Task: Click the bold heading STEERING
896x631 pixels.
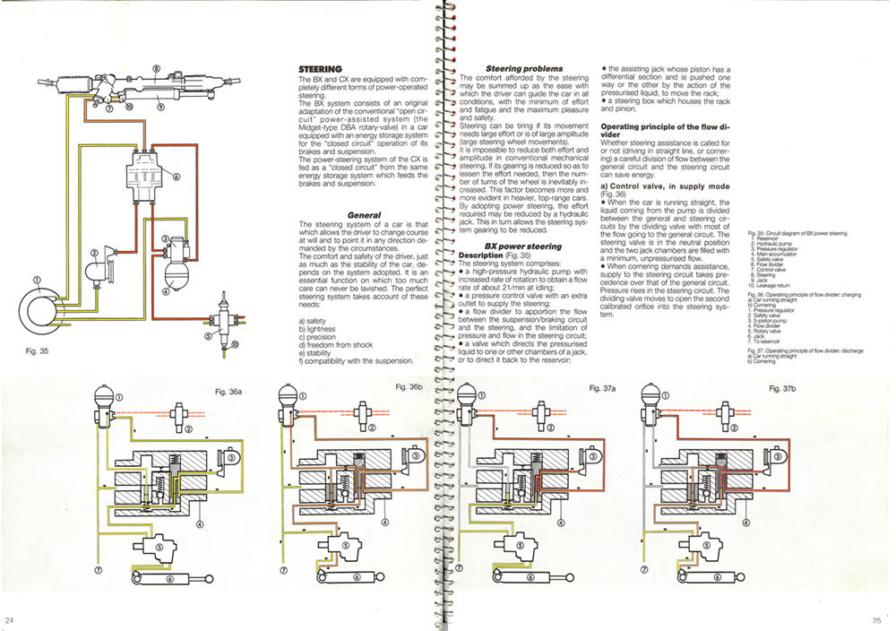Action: tap(320, 69)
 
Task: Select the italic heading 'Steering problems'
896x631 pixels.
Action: tap(524, 69)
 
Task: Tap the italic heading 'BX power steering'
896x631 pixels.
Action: tap(523, 246)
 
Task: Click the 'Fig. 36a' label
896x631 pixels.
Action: tap(230, 392)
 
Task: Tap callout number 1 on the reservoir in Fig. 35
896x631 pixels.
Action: tap(38, 281)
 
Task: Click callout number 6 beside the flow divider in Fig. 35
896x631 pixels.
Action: tap(177, 177)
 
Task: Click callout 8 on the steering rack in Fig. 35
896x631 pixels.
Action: tap(156, 68)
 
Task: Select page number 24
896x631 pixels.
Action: tap(10, 619)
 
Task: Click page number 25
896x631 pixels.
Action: tap(876, 619)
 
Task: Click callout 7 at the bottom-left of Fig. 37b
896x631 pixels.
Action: tap(649, 570)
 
